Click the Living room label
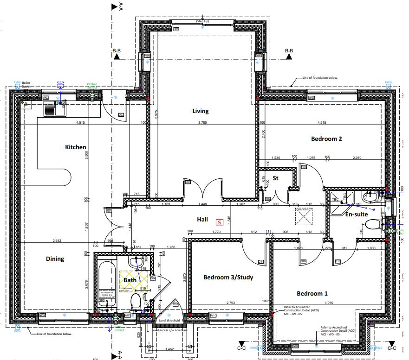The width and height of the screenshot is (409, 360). (x=201, y=111)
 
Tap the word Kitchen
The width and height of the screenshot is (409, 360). (x=75, y=147)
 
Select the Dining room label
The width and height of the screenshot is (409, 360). (x=55, y=259)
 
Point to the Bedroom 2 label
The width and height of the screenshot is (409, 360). (x=326, y=139)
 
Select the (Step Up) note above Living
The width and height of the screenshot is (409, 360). (x=202, y=21)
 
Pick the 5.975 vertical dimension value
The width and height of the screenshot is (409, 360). (x=157, y=114)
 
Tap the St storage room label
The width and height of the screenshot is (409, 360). (x=275, y=178)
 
